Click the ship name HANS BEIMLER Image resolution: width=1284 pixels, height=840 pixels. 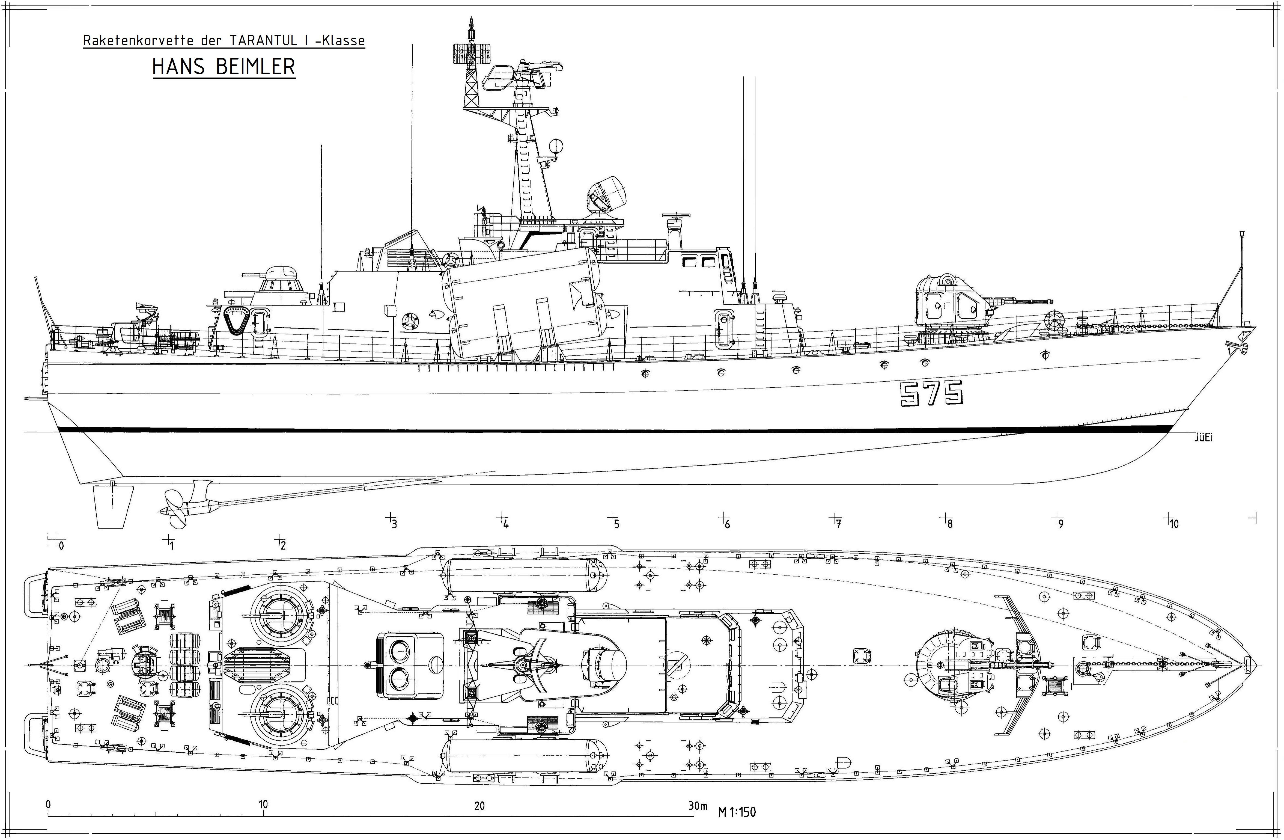[x=224, y=66]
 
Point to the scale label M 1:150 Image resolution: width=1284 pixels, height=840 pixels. [x=737, y=812]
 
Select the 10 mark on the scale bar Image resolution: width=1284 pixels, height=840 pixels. [x=263, y=804]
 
